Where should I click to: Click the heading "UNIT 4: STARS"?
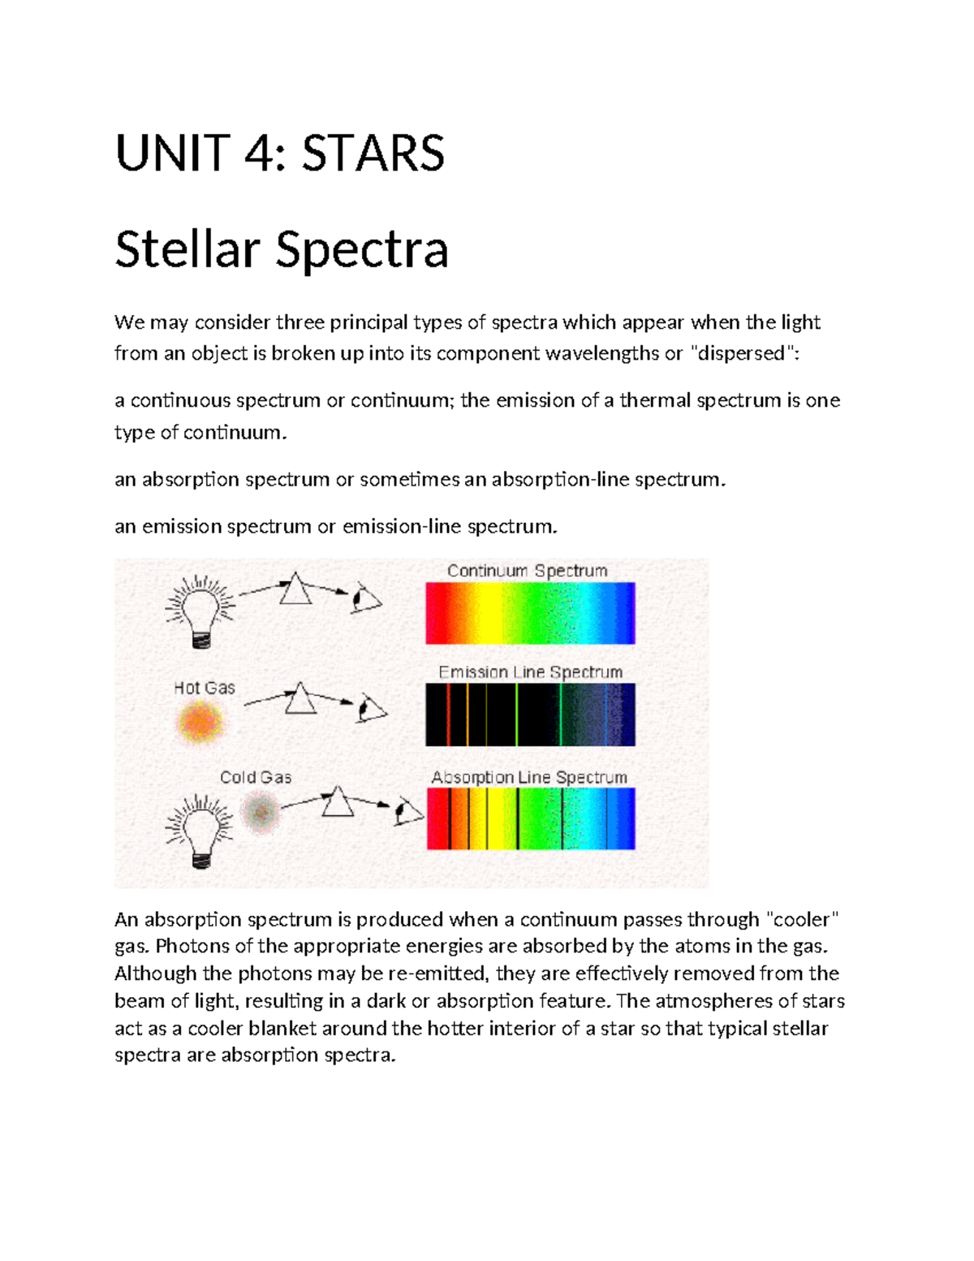(280, 153)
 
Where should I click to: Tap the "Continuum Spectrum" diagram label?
(527, 571)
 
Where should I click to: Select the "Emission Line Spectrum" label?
(530, 672)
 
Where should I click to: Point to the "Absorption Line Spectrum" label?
(529, 777)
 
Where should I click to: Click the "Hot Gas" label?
(205, 688)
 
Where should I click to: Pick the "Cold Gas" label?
(256, 777)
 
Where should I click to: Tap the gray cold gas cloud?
(261, 812)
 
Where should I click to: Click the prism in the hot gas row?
(300, 698)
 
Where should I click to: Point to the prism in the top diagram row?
(295, 589)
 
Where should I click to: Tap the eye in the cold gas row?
(408, 812)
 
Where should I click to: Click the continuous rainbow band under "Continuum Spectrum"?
(530, 613)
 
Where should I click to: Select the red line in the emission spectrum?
(449, 715)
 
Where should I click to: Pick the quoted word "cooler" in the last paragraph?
(802, 919)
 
